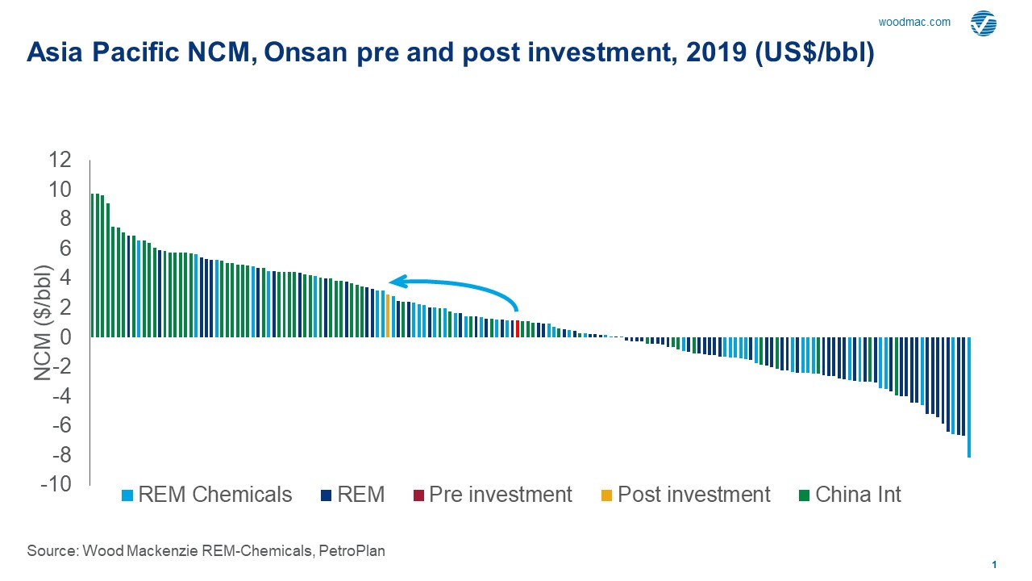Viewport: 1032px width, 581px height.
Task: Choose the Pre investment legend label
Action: click(500, 495)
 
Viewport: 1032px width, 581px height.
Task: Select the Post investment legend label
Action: click(693, 495)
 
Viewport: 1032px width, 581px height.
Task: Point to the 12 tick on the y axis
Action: click(59, 160)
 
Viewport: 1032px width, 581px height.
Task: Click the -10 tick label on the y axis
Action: click(56, 484)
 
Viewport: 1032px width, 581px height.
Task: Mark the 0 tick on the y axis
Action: click(64, 337)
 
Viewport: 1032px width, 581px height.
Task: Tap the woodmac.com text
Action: click(914, 22)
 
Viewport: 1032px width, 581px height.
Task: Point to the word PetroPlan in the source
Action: click(351, 551)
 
